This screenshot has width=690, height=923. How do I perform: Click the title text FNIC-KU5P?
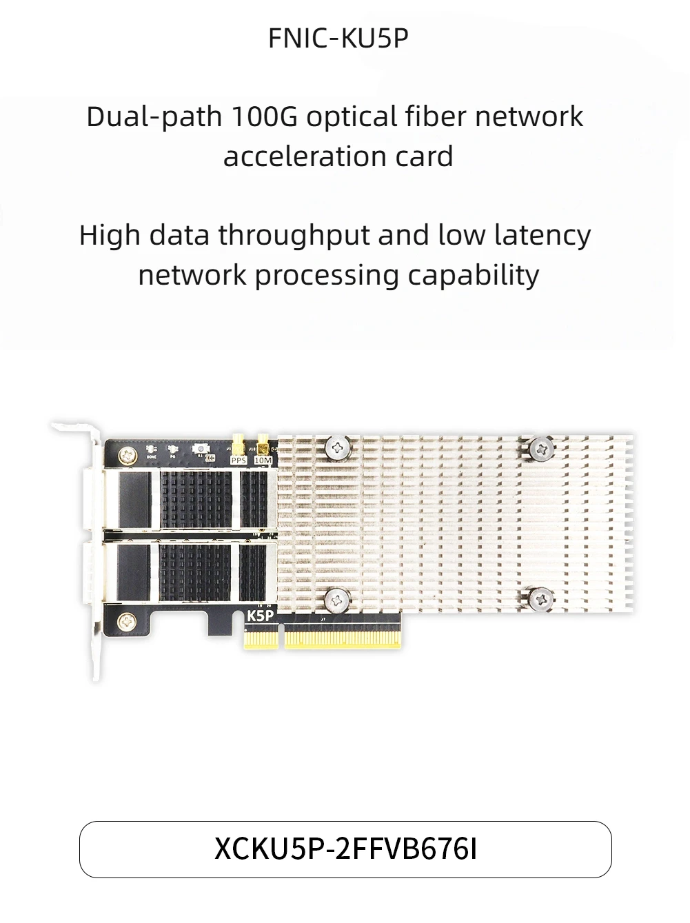pyautogui.click(x=338, y=39)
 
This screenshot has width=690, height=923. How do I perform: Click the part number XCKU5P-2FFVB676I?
pyautogui.click(x=345, y=849)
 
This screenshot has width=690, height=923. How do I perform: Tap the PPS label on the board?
pyautogui.click(x=238, y=460)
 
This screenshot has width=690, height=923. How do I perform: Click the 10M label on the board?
pyautogui.click(x=263, y=460)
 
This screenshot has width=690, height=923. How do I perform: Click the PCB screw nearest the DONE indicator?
pyautogui.click(x=128, y=454)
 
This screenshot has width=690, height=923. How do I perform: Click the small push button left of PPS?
pyautogui.click(x=201, y=448)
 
